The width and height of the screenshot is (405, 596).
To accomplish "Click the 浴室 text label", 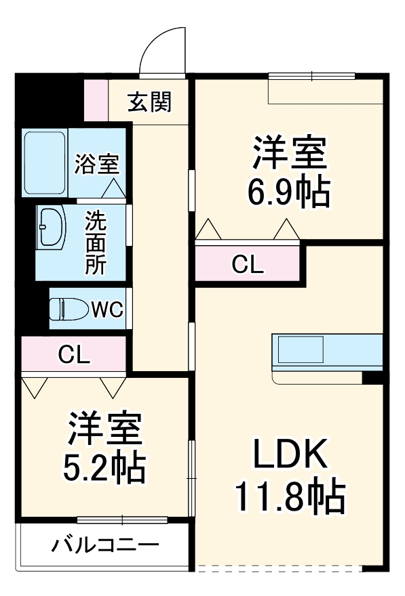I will (97, 164).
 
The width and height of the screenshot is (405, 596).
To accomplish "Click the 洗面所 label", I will (96, 242).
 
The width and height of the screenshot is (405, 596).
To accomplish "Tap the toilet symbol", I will (69, 310).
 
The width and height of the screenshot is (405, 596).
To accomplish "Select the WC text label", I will (107, 310).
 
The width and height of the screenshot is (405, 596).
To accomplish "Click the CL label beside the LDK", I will (247, 265).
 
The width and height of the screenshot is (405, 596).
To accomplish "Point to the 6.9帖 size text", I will (289, 193).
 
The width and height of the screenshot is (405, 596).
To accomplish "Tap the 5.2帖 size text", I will (103, 467).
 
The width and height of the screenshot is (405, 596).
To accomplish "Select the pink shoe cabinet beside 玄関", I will (96, 101).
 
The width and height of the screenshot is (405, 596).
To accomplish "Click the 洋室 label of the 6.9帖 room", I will (290, 154).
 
